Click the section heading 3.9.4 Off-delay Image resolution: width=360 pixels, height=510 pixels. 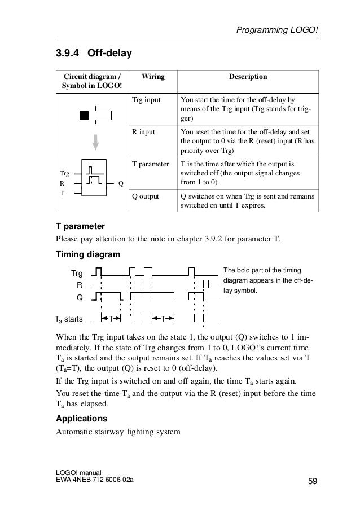click(x=93, y=54)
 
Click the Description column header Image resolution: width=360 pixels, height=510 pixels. click(x=247, y=77)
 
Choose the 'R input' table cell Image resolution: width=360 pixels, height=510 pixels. click(x=143, y=131)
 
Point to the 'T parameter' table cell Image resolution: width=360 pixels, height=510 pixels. click(x=150, y=164)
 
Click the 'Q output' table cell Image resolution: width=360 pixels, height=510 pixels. click(x=146, y=197)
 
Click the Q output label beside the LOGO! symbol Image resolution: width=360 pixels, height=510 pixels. click(x=121, y=183)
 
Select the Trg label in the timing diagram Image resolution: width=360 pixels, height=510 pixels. click(x=77, y=273)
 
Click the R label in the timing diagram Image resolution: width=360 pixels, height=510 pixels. click(x=80, y=285)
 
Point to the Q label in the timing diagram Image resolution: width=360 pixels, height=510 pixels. click(x=80, y=297)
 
